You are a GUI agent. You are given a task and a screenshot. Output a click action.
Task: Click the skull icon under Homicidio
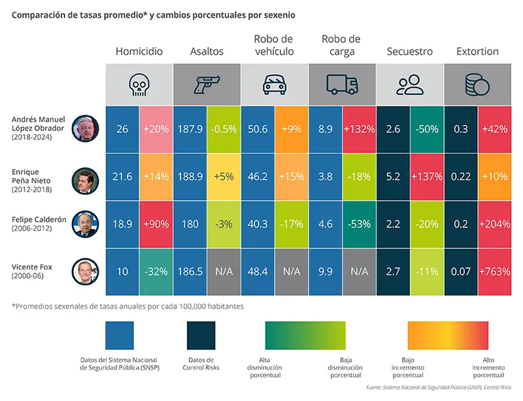(139, 84)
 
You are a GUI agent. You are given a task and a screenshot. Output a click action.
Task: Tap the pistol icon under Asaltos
(207, 84)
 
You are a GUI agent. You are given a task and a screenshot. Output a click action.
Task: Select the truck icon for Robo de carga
(342, 84)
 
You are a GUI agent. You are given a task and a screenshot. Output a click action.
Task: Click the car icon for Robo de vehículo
(274, 84)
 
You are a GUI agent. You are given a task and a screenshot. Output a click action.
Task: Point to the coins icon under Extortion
(478, 84)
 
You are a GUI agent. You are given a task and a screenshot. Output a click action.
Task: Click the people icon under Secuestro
(410, 84)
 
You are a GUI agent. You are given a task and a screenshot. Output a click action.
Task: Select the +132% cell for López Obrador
(360, 130)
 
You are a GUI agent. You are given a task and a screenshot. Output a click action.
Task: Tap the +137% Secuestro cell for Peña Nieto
(427, 176)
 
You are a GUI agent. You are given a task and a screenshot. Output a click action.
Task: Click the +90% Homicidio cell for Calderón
(156, 223)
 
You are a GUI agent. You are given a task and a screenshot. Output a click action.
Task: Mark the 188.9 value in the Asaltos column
(190, 176)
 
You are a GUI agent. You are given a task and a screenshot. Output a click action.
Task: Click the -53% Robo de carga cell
(360, 223)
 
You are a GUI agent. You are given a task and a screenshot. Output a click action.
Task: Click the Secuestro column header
(409, 51)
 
